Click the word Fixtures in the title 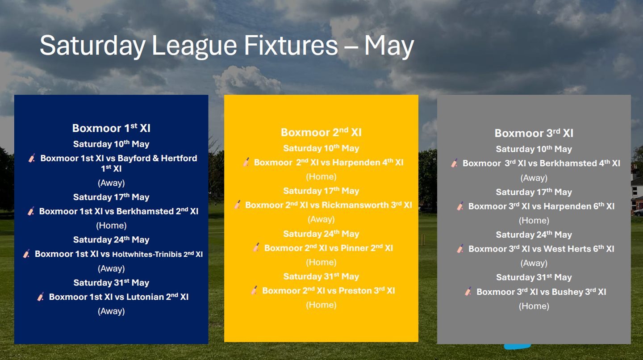point(291,46)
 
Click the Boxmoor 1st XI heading point(111,128)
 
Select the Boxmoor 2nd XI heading point(321,132)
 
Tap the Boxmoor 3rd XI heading point(534,133)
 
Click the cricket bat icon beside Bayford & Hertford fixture point(32,158)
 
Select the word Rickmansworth point(355,205)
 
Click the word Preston point(355,290)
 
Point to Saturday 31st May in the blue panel point(111,282)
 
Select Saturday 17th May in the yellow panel point(321,191)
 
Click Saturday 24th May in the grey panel point(534,234)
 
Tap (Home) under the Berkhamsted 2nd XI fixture point(111,226)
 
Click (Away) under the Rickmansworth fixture point(321,219)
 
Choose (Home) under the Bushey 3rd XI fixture point(534,306)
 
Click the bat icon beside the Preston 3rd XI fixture point(255,290)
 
